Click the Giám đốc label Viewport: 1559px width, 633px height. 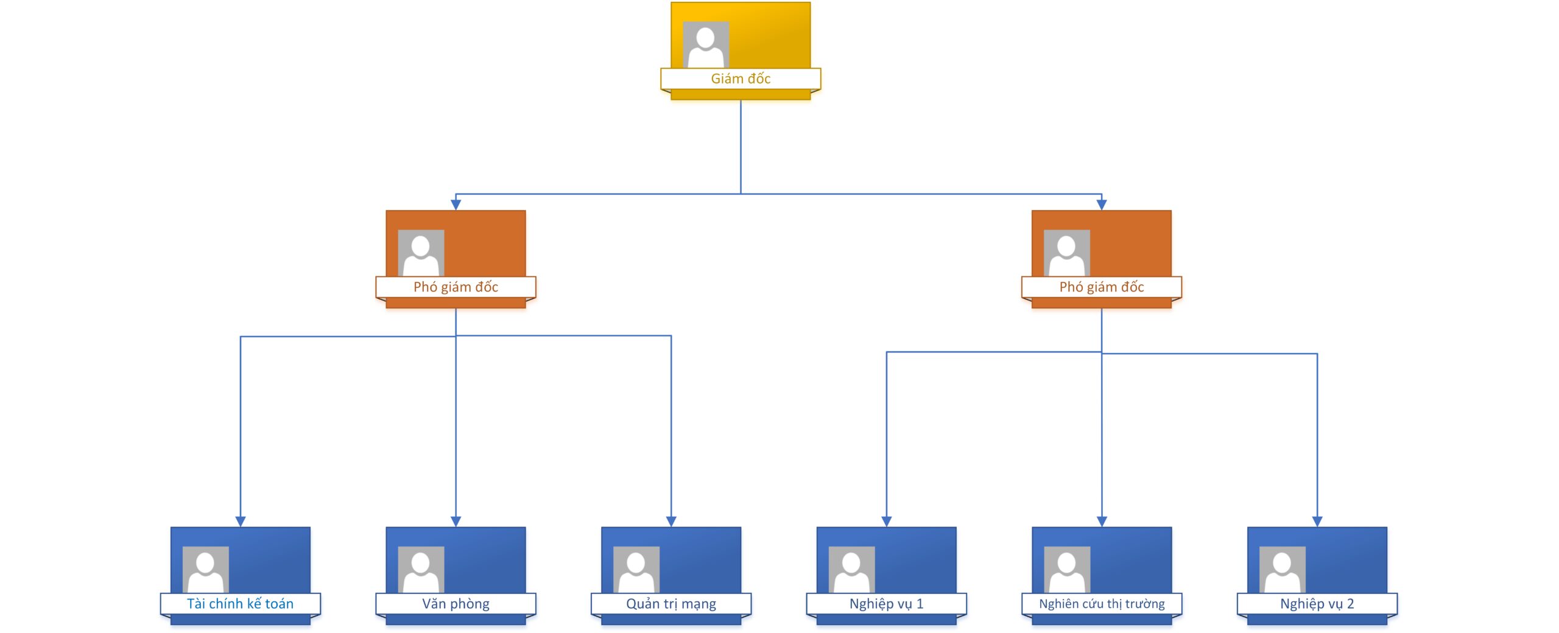pyautogui.click(x=741, y=79)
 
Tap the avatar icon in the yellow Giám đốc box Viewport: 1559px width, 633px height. pyautogui.click(x=706, y=45)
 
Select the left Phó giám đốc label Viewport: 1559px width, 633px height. pyautogui.click(x=456, y=287)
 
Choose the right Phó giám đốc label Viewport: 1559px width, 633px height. pyautogui.click(x=1101, y=287)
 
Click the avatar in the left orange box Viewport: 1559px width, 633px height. pyautogui.click(x=421, y=253)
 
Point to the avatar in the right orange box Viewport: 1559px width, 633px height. pyautogui.click(x=1066, y=253)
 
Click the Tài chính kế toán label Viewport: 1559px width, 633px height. pyautogui.click(x=240, y=603)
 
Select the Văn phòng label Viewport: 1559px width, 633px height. pyautogui.click(x=456, y=603)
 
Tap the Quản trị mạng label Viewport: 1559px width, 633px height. pyautogui.click(x=670, y=603)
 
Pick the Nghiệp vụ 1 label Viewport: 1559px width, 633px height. pyautogui.click(x=886, y=603)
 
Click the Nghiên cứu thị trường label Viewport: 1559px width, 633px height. pyautogui.click(x=1101, y=603)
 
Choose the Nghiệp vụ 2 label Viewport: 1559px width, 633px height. pyautogui.click(x=1317, y=603)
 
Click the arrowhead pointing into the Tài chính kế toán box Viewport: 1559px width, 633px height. pyautogui.click(x=241, y=521)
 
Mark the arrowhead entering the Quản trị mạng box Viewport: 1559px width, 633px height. pyautogui.click(x=671, y=521)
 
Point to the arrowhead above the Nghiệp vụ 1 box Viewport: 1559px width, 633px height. pyautogui.click(x=887, y=521)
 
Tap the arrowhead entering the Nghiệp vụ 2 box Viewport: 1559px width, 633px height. pyautogui.click(x=1317, y=521)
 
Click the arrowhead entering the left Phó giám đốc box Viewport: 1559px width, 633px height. pyautogui.click(x=456, y=205)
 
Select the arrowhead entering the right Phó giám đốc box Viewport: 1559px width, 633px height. pyautogui.click(x=1102, y=205)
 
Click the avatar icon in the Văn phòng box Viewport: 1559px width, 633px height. pyautogui.click(x=421, y=570)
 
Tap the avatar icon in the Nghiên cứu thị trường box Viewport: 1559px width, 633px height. pyautogui.click(x=1067, y=570)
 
